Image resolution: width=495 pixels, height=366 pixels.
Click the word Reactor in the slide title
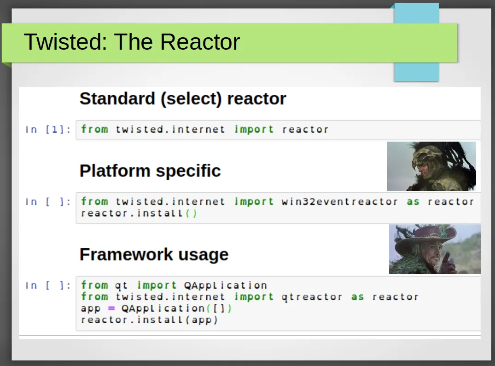point(200,42)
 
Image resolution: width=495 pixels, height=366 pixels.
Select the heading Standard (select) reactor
point(183,99)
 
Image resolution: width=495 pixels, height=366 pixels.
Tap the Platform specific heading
point(150,171)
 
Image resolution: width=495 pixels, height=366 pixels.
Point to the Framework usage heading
point(154,254)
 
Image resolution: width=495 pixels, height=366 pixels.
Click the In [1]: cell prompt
point(48,130)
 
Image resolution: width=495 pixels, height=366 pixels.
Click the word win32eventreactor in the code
point(340,202)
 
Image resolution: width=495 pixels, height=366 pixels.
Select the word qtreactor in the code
point(312,297)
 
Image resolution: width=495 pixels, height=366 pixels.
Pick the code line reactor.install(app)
point(149,320)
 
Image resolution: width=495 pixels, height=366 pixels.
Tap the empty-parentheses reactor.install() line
point(139,213)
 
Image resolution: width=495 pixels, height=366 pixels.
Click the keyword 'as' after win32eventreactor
point(413,202)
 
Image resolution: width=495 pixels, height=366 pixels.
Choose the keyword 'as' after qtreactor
point(357,297)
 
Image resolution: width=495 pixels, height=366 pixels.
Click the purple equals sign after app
point(111,309)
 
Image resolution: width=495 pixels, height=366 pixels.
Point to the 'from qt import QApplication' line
point(174,285)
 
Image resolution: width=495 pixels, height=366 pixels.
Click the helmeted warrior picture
point(431,166)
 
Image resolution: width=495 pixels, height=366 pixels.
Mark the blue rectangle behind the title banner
point(416,43)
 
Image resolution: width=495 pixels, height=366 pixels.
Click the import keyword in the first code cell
point(254,130)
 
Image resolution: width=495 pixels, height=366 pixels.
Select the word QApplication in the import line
point(226,286)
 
